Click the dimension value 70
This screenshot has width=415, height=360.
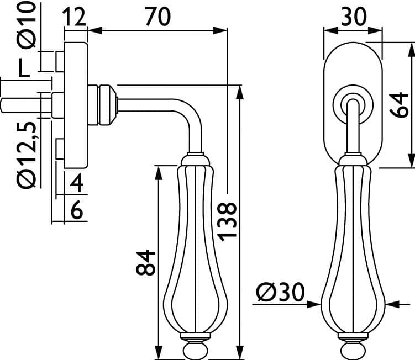pos(157,17)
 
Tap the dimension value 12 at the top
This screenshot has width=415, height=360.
pos(75,17)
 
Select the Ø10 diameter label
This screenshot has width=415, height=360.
pos(27,25)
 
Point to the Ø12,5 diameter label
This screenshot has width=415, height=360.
pos(27,155)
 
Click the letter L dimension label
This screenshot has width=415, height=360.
pos(24,68)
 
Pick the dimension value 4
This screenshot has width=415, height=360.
pos(76,183)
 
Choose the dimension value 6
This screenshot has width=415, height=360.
pos(77,210)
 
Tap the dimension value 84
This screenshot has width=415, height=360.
pos(145,263)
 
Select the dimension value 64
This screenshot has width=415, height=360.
pos(399,104)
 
